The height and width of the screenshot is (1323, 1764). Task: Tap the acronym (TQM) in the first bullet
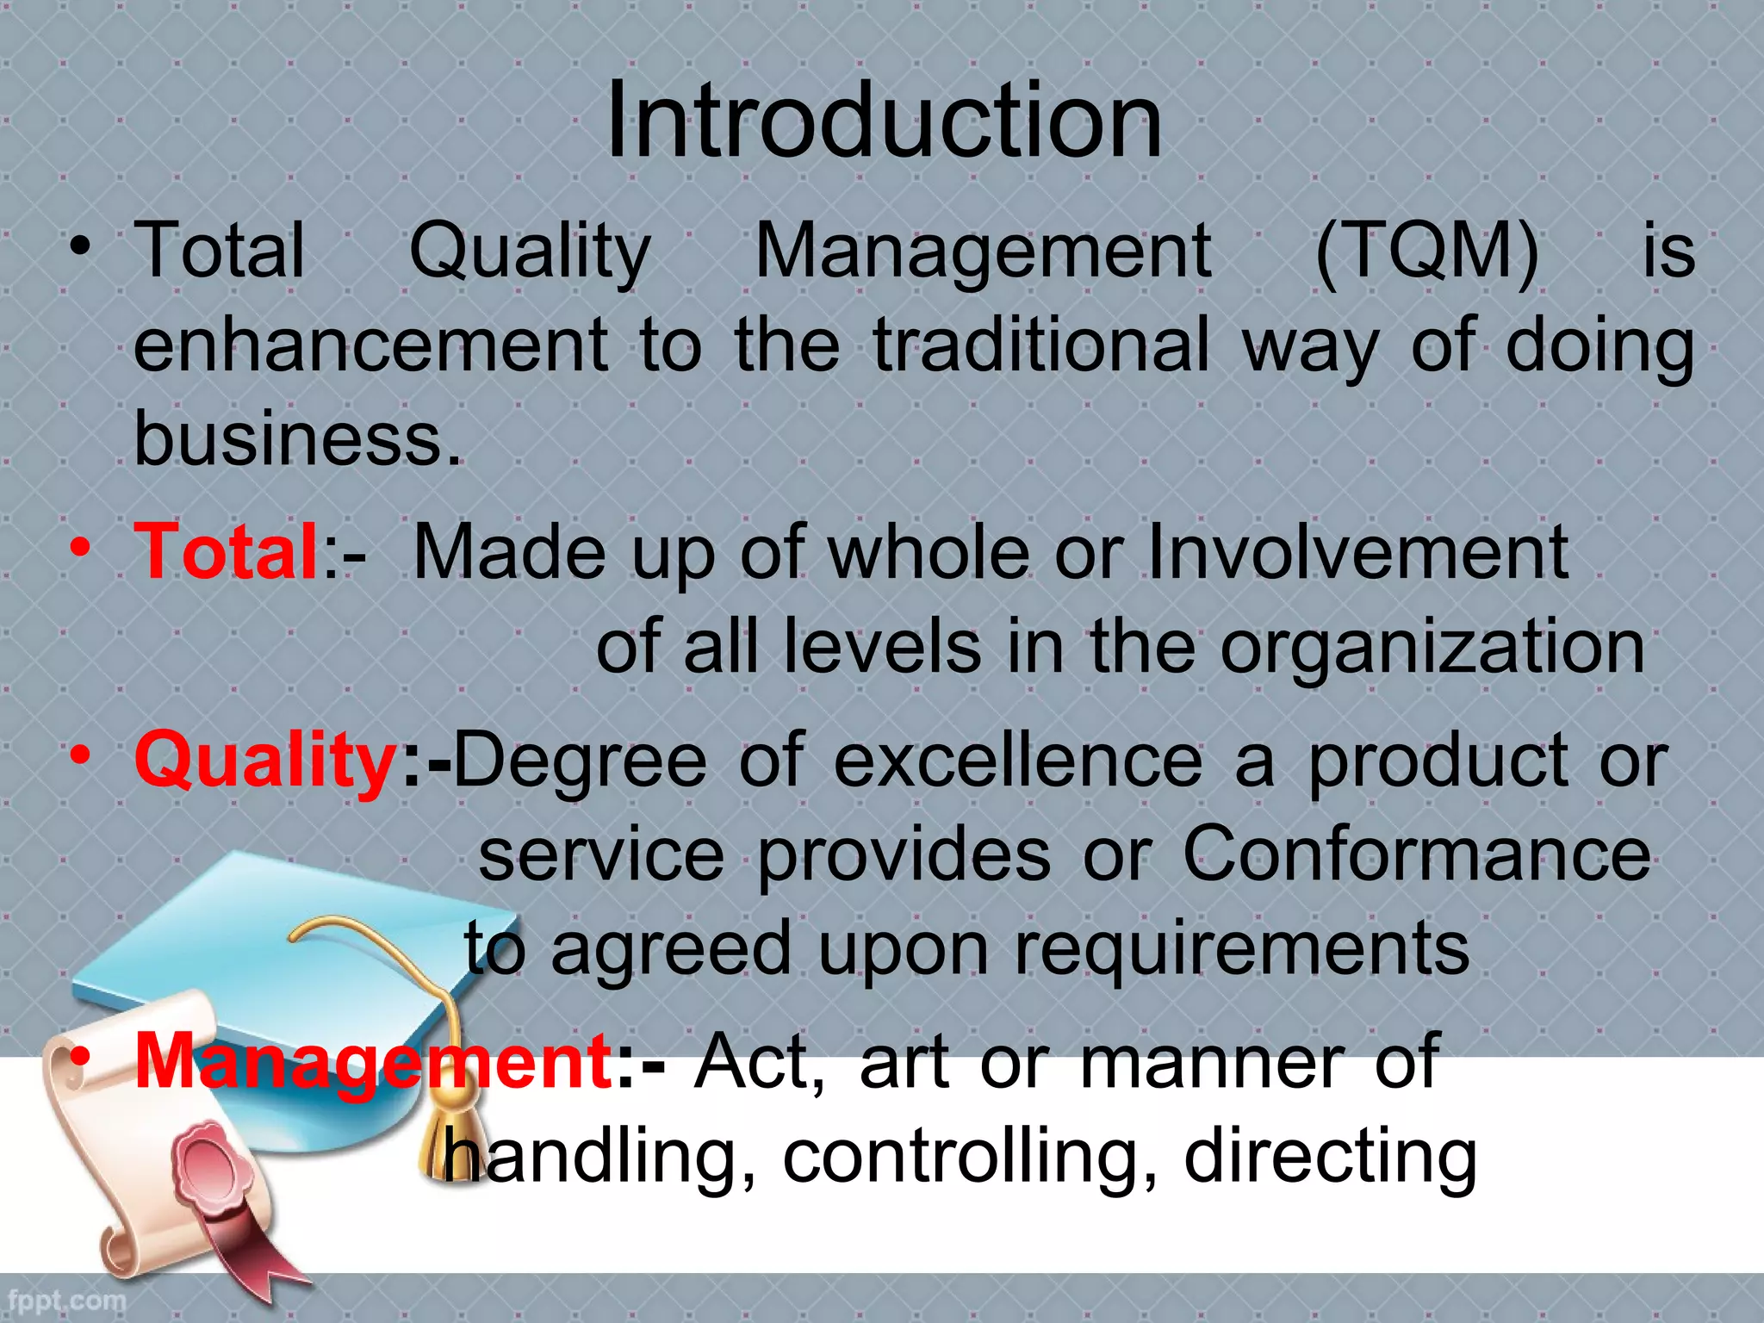point(1427,252)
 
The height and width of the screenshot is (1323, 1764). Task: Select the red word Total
point(227,552)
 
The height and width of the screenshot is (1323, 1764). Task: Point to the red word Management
point(373,1062)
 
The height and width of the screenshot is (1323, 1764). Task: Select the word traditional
point(1041,345)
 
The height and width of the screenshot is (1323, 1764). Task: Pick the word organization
point(1432,648)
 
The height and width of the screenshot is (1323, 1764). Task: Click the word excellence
point(1018,761)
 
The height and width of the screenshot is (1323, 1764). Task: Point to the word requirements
point(1241,949)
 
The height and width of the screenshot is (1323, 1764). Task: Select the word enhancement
point(371,345)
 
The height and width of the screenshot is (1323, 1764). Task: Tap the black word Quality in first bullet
point(529,252)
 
